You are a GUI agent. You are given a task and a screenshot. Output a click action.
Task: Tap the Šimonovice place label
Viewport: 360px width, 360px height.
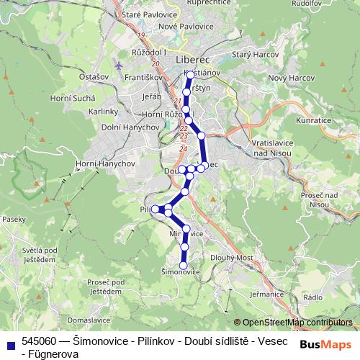180,272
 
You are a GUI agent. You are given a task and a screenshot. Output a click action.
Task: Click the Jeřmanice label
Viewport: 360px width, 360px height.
264,294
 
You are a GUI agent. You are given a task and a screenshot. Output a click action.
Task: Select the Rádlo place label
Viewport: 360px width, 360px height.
313,297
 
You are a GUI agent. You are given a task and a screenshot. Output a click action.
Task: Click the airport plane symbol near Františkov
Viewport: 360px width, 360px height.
118,66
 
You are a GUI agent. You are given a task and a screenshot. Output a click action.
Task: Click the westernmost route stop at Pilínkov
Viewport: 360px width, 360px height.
155,209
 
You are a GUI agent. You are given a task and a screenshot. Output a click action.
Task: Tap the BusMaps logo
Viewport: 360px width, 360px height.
326,345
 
